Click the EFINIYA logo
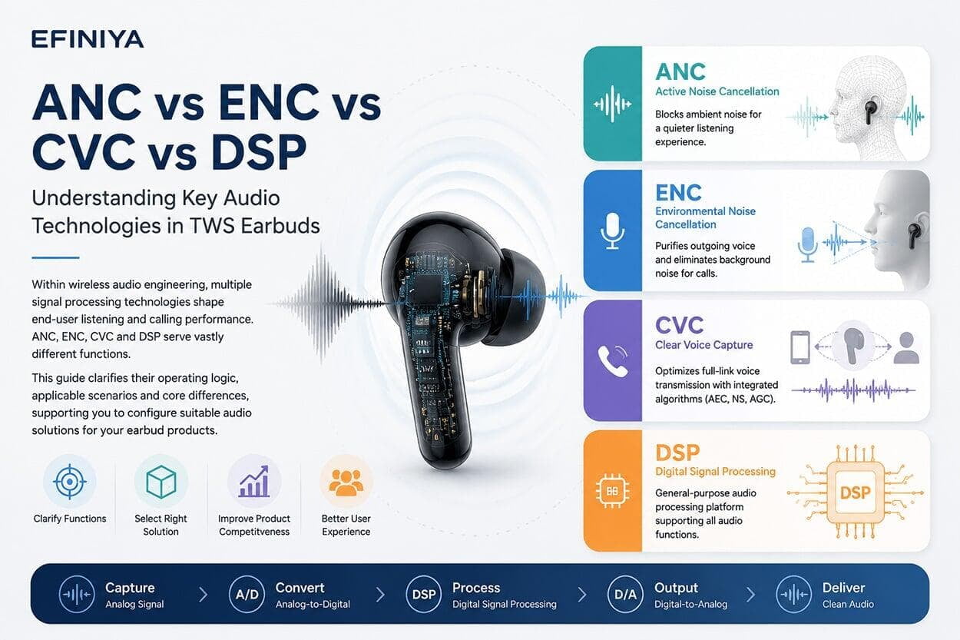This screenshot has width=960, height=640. pos(88,39)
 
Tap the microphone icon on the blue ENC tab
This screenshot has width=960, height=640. pos(612,230)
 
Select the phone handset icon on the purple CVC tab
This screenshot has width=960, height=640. pos(613,361)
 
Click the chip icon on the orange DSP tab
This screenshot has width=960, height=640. pos(612,491)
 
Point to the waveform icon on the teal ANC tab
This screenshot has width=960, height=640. pos(612,104)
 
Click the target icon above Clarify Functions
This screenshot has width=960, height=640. pos(69,482)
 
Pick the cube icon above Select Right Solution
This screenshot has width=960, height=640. pos(161,482)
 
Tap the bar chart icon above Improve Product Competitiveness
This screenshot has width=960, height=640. pos(254,482)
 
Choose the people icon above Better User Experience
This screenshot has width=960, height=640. pos(346,482)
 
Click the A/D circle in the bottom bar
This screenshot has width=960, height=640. pos(247,594)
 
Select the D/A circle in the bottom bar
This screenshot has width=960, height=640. pos(625,594)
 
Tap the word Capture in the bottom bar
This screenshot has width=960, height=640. pos(130,588)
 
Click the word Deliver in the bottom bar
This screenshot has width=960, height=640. pos(843,588)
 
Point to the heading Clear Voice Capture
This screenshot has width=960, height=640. pos(703,345)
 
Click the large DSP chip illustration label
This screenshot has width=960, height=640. pos(856,492)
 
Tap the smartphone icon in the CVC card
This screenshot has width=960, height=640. pos(799,347)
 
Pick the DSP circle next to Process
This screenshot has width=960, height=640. pos(423,594)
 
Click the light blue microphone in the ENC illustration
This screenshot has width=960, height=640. pos(807,244)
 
